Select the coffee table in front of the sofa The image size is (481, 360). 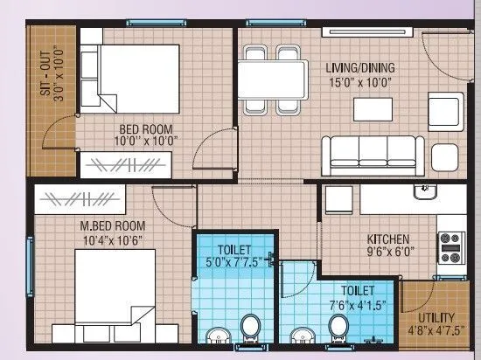point(373,108)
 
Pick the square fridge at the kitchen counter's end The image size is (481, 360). point(445,158)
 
